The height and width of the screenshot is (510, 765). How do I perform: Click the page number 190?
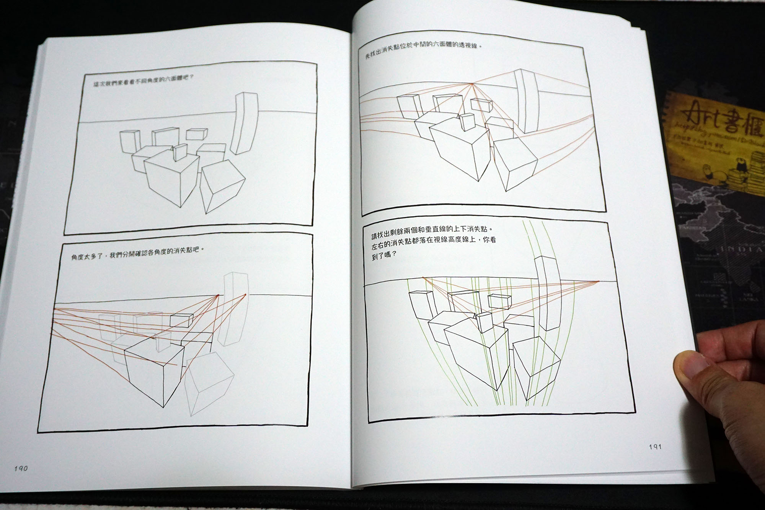point(21,468)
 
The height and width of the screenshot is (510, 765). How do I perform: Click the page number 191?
point(655,446)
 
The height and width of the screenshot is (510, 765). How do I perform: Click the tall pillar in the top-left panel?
point(245,122)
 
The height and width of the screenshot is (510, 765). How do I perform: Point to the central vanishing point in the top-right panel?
point(472,84)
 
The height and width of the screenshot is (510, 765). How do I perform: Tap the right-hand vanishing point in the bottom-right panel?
point(599,282)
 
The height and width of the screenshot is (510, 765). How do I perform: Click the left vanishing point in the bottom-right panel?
point(423,277)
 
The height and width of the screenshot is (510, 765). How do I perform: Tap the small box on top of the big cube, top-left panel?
point(179,152)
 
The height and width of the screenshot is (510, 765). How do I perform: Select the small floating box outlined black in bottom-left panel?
point(181,320)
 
